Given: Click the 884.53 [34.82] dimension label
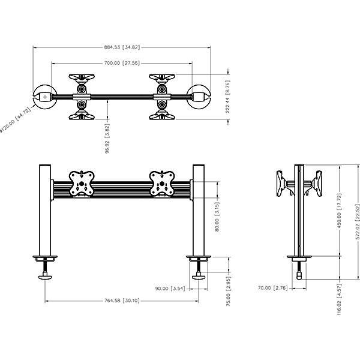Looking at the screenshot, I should pos(122,47).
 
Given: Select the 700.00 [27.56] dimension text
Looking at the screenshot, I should pos(122,62).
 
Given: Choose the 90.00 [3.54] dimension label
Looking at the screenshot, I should pos(169,289).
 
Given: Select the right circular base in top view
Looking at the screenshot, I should pos(199,96).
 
